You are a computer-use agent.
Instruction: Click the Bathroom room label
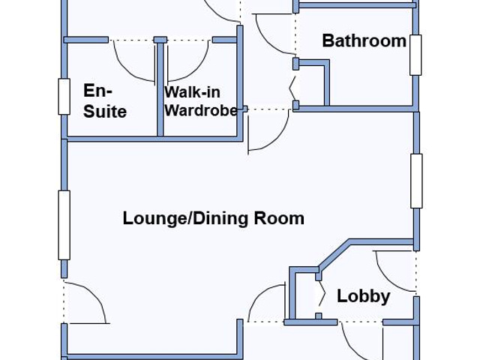[364, 41]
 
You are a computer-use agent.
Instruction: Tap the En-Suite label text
[105, 101]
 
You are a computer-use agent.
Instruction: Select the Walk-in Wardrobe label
[201, 101]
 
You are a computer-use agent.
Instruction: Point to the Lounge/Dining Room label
[213, 218]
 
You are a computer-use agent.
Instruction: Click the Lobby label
[363, 296]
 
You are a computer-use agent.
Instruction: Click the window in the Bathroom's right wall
[415, 55]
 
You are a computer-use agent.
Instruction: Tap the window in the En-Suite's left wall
[64, 97]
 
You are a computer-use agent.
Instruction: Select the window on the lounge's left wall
[64, 225]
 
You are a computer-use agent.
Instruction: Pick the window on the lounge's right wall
[416, 181]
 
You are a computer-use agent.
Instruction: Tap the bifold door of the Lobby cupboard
[322, 295]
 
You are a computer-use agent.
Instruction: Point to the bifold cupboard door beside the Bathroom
[292, 88]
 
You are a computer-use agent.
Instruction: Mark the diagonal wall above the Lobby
[334, 253]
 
